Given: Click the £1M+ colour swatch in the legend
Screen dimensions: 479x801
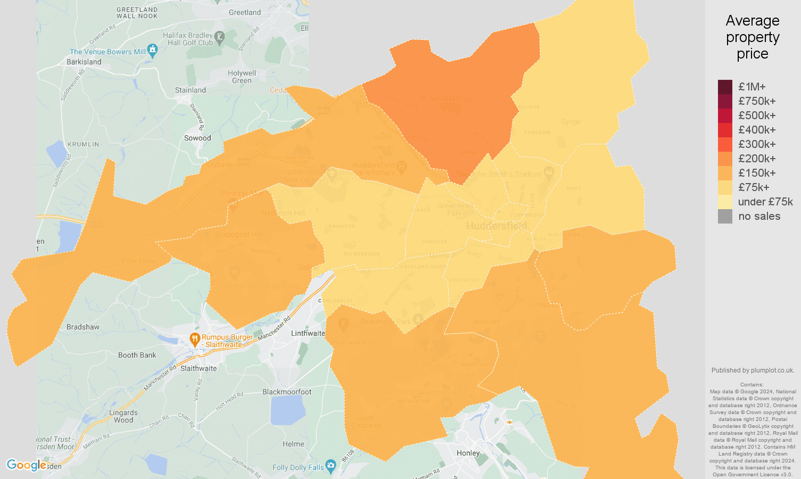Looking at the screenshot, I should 725,87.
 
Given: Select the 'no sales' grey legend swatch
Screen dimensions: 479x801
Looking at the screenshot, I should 725,216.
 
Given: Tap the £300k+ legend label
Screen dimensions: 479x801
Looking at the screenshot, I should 757,144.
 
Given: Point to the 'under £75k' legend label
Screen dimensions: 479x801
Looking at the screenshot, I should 765,202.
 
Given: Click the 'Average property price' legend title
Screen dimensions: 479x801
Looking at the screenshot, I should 753,37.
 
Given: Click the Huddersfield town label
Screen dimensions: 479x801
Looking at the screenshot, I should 497,226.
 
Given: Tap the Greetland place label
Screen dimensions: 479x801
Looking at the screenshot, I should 245,12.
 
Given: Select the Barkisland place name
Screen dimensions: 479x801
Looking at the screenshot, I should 84,62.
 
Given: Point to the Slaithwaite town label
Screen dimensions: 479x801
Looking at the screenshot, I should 199,368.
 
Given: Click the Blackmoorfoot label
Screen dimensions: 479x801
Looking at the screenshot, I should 287,392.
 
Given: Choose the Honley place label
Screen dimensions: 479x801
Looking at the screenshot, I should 468,453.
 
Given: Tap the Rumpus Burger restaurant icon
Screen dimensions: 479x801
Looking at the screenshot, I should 195,338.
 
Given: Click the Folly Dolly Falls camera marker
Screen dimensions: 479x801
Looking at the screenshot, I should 331,467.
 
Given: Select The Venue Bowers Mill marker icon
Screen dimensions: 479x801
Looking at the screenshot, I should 153,51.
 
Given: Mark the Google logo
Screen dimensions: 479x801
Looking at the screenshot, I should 27,465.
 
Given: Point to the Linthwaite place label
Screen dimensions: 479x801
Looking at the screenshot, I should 308,333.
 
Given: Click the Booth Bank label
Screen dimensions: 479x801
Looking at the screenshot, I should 137,355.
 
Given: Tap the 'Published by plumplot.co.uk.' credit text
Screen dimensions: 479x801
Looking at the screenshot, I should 753,370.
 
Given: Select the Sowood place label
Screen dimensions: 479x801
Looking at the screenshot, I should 197,138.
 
